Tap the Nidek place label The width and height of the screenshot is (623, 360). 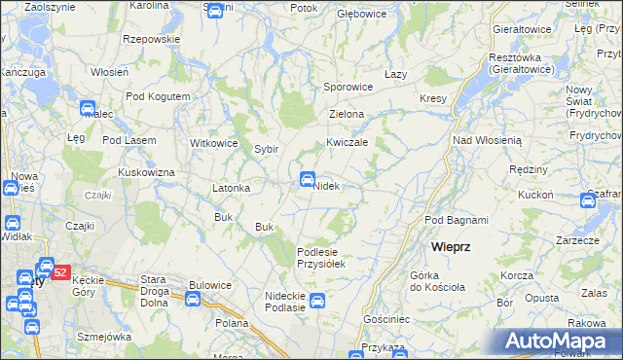click(325, 186)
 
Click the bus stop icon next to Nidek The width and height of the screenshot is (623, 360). click(307, 178)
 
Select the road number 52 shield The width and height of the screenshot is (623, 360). click(59, 272)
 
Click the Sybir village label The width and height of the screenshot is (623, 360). click(267, 149)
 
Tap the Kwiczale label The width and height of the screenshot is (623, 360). click(347, 141)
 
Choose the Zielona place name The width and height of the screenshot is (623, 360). click(347, 114)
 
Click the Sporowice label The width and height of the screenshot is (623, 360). click(348, 87)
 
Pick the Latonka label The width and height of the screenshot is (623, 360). click(232, 188)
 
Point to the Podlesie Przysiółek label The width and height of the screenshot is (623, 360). click(321, 257)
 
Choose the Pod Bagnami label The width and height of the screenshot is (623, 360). click(457, 221)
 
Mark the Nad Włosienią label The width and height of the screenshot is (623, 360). click(488, 140)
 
